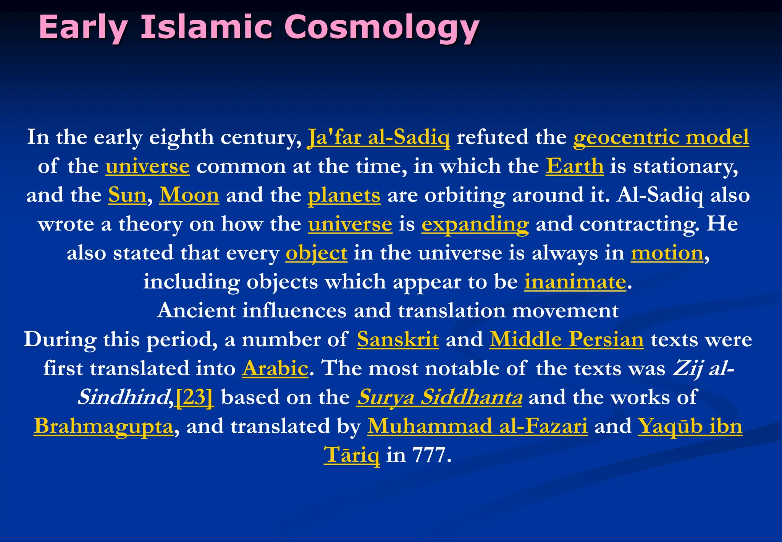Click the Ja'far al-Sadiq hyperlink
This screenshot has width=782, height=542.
click(378, 137)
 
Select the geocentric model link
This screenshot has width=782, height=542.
click(661, 137)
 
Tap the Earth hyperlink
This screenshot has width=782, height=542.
click(574, 166)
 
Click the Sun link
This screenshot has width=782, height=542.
click(127, 195)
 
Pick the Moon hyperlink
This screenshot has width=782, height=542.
click(189, 195)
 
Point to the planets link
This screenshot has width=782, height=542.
click(344, 195)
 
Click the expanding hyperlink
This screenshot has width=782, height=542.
click(475, 224)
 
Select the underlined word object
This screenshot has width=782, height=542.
click(316, 253)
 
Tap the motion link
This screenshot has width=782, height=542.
click(667, 253)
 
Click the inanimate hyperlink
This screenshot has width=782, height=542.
click(575, 282)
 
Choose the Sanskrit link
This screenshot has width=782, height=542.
click(398, 339)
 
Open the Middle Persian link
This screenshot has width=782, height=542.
click(567, 339)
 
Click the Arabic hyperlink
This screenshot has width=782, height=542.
click(275, 368)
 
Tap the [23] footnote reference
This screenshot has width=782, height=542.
click(194, 398)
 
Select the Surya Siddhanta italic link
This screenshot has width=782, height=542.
click(439, 398)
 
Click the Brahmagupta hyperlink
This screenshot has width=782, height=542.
click(103, 426)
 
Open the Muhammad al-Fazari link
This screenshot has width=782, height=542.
click(477, 426)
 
